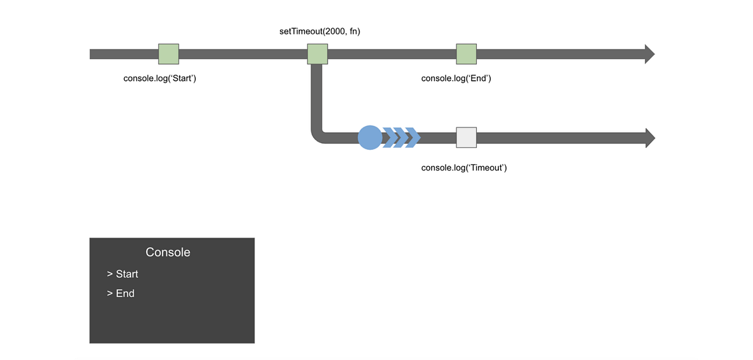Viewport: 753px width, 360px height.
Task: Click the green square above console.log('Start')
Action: pyautogui.click(x=168, y=54)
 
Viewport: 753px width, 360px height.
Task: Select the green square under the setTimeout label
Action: pyautogui.click(x=318, y=54)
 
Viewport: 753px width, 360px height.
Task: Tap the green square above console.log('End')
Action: pyautogui.click(x=466, y=54)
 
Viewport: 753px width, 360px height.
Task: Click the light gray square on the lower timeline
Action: pyautogui.click(x=466, y=137)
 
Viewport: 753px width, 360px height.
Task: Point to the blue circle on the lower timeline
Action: pyautogui.click(x=370, y=137)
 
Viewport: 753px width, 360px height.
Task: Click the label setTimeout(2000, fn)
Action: pyautogui.click(x=319, y=31)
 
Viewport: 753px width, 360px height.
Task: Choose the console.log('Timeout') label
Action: pyautogui.click(x=464, y=168)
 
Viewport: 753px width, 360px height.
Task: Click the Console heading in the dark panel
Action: pyautogui.click(x=168, y=252)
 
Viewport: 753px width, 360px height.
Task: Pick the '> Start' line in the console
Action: pyautogui.click(x=122, y=274)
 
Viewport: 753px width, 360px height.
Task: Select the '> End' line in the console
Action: pyautogui.click(x=120, y=294)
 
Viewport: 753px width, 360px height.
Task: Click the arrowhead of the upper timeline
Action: pyautogui.click(x=649, y=54)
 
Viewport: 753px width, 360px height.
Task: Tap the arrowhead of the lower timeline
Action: pyautogui.click(x=649, y=137)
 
